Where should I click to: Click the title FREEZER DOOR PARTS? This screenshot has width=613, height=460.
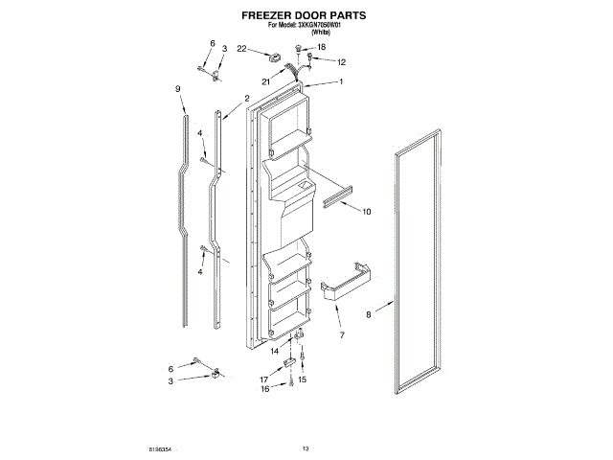point(304,16)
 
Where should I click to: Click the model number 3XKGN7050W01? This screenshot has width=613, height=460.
point(326,28)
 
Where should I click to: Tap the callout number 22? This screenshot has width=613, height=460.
point(242,48)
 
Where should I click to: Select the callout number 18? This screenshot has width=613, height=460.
point(321,47)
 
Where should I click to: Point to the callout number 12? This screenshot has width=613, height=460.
point(341,62)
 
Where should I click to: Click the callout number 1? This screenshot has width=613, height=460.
point(340,82)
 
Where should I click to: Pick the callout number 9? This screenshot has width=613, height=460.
point(178,89)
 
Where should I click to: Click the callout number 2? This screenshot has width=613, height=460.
point(246,99)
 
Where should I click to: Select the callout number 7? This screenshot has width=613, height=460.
point(342,335)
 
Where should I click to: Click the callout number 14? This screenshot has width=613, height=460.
point(274,352)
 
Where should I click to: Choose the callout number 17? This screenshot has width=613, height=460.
point(264,379)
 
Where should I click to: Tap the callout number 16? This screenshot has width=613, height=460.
point(267,390)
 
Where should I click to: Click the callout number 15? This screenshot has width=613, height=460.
point(302,379)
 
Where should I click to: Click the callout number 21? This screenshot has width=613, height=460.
point(266,82)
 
